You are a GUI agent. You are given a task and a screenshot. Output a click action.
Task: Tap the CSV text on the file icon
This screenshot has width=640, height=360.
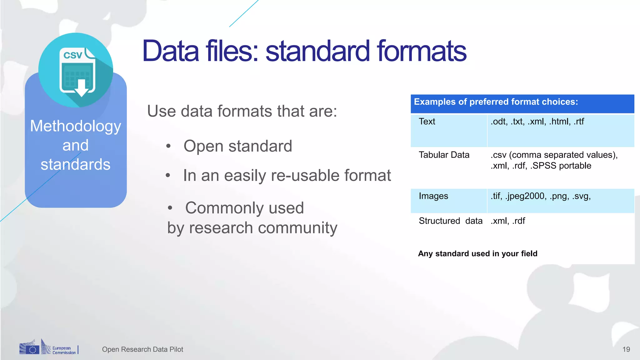(x=72, y=55)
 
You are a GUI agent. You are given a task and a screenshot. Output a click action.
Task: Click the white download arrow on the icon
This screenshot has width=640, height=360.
(x=82, y=88)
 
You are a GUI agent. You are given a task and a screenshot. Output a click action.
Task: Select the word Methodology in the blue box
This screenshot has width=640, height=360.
(x=76, y=126)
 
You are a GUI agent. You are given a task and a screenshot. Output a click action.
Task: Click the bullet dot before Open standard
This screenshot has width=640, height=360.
(x=168, y=146)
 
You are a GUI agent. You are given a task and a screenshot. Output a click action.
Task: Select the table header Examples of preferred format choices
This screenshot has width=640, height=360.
(x=496, y=102)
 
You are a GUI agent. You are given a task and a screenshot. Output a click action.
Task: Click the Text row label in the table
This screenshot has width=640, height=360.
(x=427, y=122)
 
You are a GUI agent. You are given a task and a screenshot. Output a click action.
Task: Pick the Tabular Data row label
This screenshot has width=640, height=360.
(x=444, y=155)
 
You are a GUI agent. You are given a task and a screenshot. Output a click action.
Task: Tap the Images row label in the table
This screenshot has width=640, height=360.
(x=433, y=196)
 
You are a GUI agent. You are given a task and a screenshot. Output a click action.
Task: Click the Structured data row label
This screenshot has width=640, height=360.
(x=450, y=221)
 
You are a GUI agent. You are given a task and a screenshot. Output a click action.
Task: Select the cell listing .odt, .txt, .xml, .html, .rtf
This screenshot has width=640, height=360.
(x=537, y=122)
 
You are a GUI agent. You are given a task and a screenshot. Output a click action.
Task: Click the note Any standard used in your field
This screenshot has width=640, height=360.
(x=477, y=253)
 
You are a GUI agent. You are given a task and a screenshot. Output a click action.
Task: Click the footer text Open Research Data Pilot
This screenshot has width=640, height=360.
(x=142, y=349)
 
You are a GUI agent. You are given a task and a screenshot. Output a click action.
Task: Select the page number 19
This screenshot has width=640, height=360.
(x=626, y=349)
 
